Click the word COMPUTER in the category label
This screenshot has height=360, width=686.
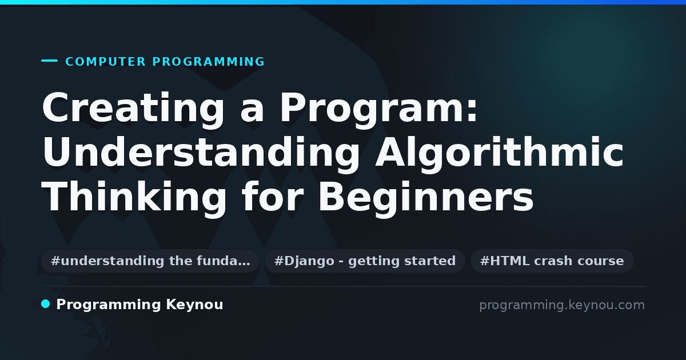tap(105, 62)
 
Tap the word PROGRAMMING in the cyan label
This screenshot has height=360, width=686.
tap(209, 62)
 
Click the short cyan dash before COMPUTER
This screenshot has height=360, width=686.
tap(49, 61)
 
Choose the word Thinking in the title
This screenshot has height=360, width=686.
tap(134, 198)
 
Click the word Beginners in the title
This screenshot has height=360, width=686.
tap(426, 198)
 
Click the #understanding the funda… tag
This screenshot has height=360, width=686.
tap(150, 261)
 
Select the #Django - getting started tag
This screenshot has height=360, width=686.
tap(365, 261)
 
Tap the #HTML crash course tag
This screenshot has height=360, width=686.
tap(552, 261)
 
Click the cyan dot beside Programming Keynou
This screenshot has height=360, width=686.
tap(45, 304)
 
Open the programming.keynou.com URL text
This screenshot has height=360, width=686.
tap(562, 305)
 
